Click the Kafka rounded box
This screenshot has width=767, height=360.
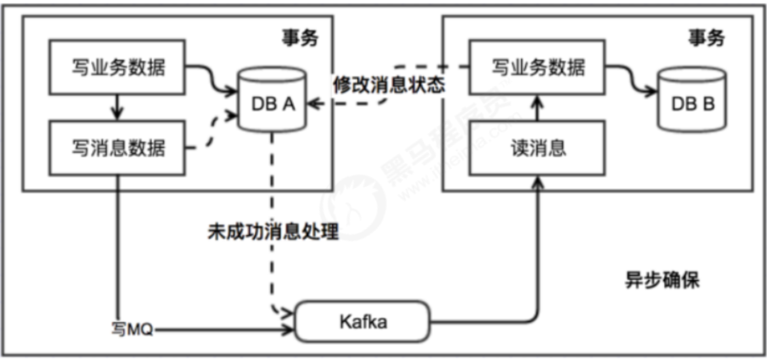tap(363, 322)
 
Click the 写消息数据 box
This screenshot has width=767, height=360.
tap(117, 147)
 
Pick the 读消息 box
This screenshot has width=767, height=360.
tap(537, 147)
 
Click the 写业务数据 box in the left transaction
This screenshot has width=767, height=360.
tap(117, 67)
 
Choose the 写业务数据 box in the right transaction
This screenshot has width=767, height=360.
tap(537, 67)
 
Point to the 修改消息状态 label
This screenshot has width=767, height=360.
tap(388, 84)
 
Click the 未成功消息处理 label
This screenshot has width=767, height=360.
tap(273, 231)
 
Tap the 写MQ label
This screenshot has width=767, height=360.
tap(132, 329)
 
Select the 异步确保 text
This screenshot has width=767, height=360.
tap(662, 280)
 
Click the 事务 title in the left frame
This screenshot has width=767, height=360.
tap(300, 38)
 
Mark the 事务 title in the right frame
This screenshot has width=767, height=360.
tap(706, 38)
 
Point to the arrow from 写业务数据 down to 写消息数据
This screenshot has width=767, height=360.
tap(117, 107)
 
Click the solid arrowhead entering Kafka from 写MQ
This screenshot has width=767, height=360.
tap(289, 330)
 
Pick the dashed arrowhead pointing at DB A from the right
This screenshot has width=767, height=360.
tap(314, 103)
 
